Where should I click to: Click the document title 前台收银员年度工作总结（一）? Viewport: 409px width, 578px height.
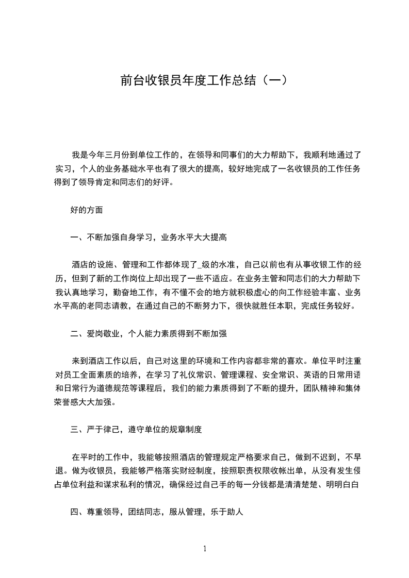pos(204,80)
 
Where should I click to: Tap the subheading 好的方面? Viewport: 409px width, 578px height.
pos(87,210)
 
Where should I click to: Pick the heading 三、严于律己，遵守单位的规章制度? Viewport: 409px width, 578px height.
pos(140,429)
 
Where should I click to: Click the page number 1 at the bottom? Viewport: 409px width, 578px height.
pos(205,549)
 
